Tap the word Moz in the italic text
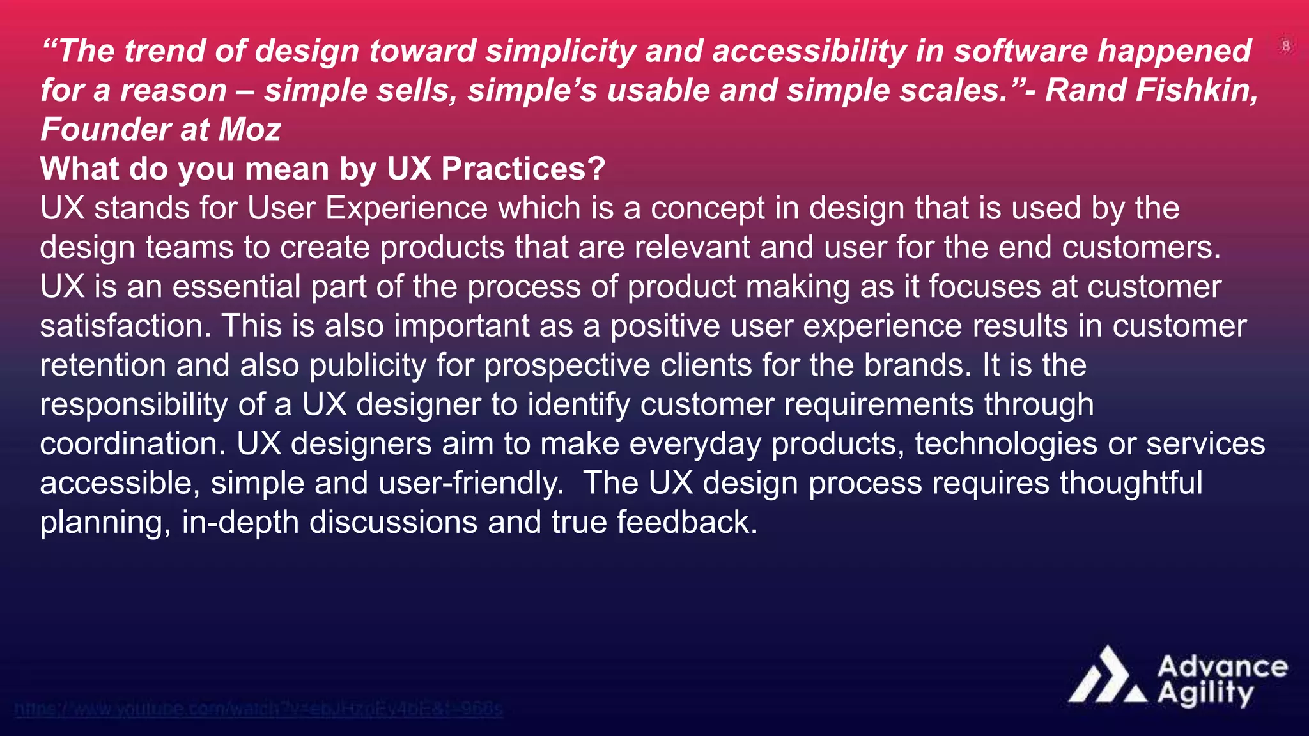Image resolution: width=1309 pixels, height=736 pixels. click(249, 130)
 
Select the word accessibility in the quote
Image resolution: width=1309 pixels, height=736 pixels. click(809, 51)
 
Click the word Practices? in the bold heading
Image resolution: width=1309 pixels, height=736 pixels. click(523, 169)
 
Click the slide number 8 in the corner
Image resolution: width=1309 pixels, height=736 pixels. click(1286, 46)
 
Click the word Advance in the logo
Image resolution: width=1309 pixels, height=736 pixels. click(1222, 666)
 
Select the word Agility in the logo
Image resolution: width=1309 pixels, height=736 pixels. click(1205, 694)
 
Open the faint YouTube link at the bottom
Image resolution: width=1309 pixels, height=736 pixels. click(258, 709)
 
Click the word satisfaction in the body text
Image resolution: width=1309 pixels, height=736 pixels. click(125, 326)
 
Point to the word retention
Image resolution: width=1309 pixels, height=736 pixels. click(103, 365)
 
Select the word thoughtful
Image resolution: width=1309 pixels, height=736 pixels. click(1131, 483)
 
